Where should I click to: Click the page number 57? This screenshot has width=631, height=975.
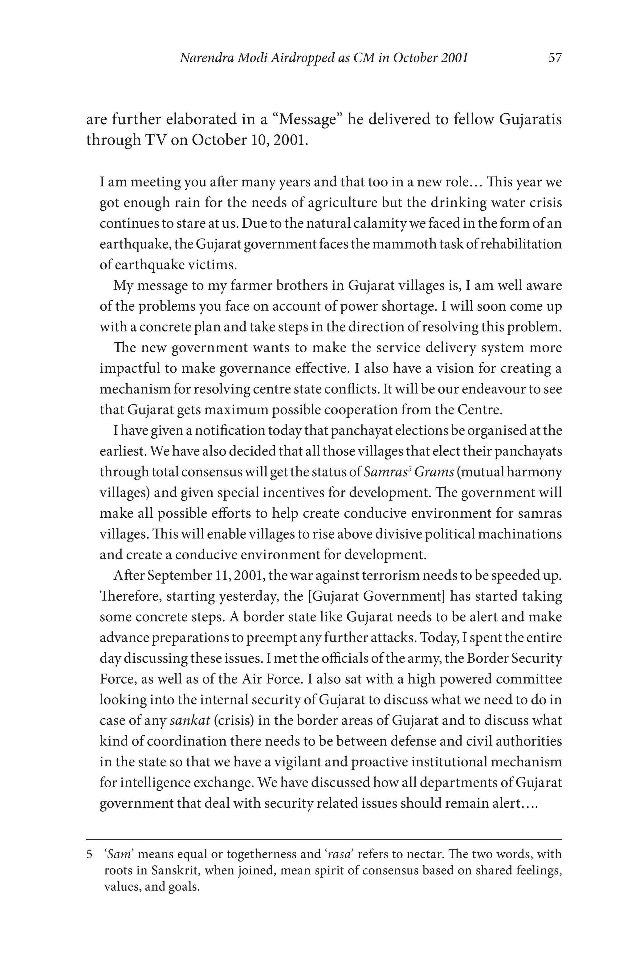click(x=555, y=58)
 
